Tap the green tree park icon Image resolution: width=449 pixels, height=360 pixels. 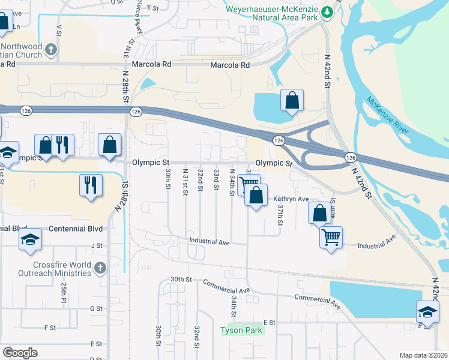click(x=327, y=11)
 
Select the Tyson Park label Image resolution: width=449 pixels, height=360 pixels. click(x=241, y=330)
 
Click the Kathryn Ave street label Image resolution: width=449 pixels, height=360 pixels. click(x=291, y=199)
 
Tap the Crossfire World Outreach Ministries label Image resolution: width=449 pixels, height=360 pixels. click(x=62, y=269)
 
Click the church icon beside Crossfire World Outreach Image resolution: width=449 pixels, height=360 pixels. click(x=100, y=266)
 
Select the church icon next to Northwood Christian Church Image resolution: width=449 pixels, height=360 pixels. click(x=52, y=49)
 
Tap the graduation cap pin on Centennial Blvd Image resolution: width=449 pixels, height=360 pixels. click(x=29, y=239)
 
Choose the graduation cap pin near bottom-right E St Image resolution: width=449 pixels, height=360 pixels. click(x=427, y=311)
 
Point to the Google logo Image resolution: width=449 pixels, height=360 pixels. click(x=20, y=352)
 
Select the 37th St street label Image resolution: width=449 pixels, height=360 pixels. click(x=280, y=214)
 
